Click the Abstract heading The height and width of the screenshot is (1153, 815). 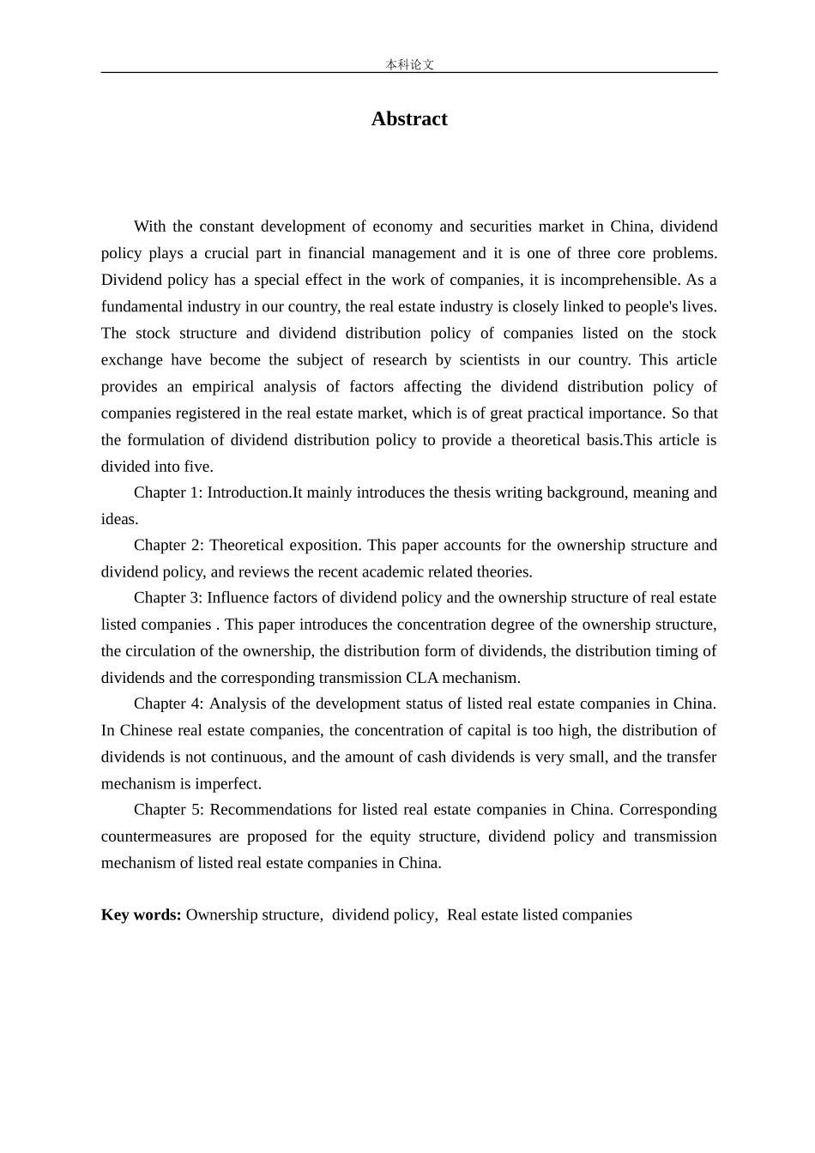coord(408,119)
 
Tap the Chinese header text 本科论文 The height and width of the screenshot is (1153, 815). coord(409,64)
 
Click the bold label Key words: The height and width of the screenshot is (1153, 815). coord(141,915)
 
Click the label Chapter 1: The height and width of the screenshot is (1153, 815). coord(168,492)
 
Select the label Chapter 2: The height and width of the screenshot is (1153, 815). coord(168,545)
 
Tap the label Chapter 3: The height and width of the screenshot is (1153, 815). coord(168,598)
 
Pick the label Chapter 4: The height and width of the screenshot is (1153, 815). coord(168,703)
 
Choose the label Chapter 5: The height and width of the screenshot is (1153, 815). coord(168,810)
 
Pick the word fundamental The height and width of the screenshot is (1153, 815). coord(142,306)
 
